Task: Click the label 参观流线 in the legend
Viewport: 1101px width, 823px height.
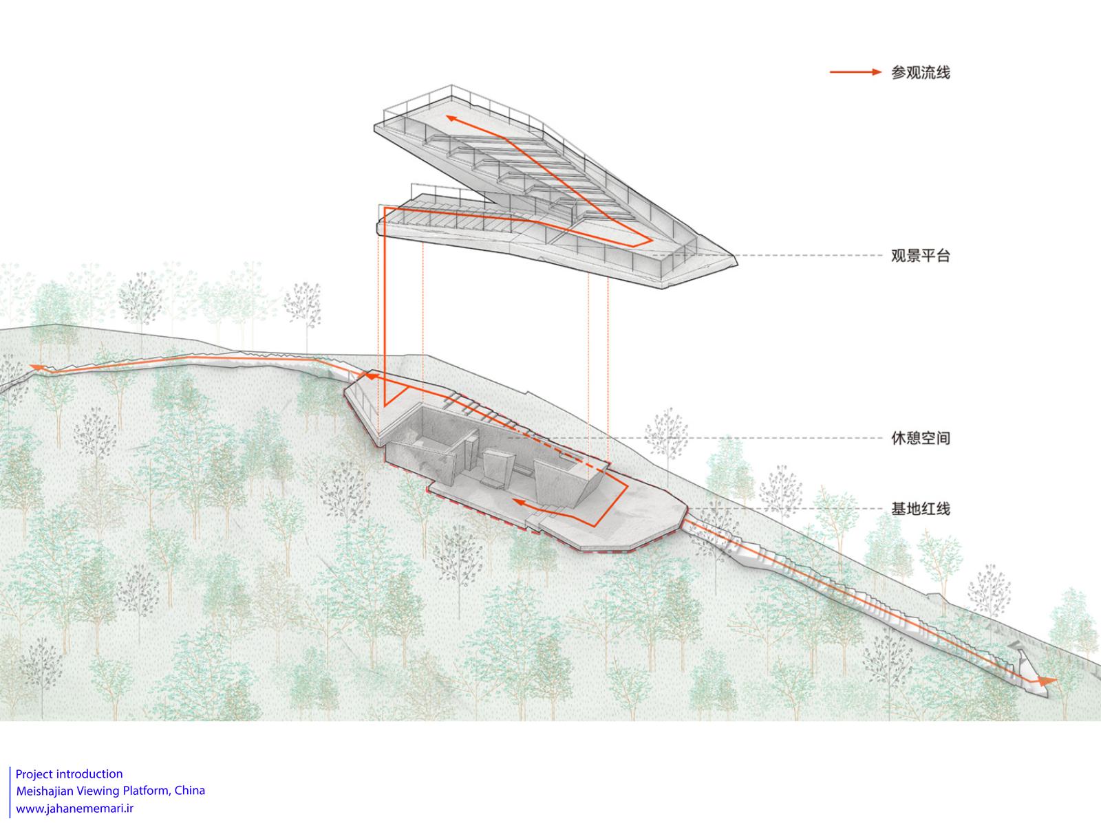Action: pos(920,72)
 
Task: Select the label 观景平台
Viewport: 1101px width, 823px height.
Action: pos(920,256)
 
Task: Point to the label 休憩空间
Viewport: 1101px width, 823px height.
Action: pos(920,437)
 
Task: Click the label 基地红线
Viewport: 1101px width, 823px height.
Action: pos(920,509)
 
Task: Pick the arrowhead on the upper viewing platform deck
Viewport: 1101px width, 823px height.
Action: pos(453,119)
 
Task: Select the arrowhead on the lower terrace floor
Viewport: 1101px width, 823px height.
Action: pos(520,503)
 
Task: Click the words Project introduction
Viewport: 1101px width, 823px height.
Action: pos(69,773)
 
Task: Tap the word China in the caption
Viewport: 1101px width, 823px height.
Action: pos(190,790)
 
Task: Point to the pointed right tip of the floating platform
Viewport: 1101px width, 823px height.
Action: pos(735,259)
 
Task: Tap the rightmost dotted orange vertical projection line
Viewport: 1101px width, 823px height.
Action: pos(608,358)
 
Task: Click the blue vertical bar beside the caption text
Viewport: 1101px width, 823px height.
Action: pos(10,791)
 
